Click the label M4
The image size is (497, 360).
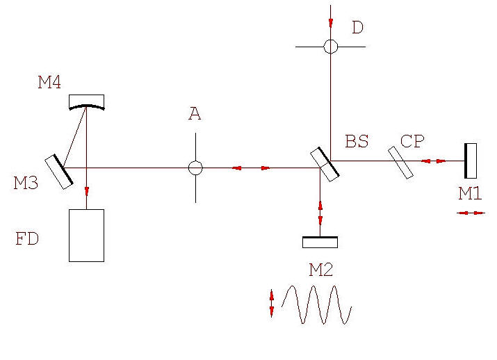click(x=49, y=83)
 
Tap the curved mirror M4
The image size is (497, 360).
click(x=87, y=102)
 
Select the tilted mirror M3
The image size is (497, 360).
click(x=59, y=171)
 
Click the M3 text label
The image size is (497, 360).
click(x=26, y=183)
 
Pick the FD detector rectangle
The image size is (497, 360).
click(x=86, y=235)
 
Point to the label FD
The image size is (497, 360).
click(x=27, y=240)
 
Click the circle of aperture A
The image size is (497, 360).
click(x=195, y=167)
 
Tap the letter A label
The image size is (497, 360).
click(x=195, y=114)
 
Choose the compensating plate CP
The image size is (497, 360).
click(x=400, y=162)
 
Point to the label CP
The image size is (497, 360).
click(x=412, y=142)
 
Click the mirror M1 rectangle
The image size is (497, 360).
click(x=471, y=161)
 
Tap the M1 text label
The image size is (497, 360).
click(x=470, y=193)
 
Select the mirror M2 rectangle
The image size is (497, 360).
click(x=320, y=242)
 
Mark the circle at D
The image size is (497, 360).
click(x=330, y=47)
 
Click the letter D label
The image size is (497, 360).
click(x=357, y=28)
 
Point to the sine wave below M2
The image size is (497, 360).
click(x=316, y=304)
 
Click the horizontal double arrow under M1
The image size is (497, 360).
click(x=471, y=213)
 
